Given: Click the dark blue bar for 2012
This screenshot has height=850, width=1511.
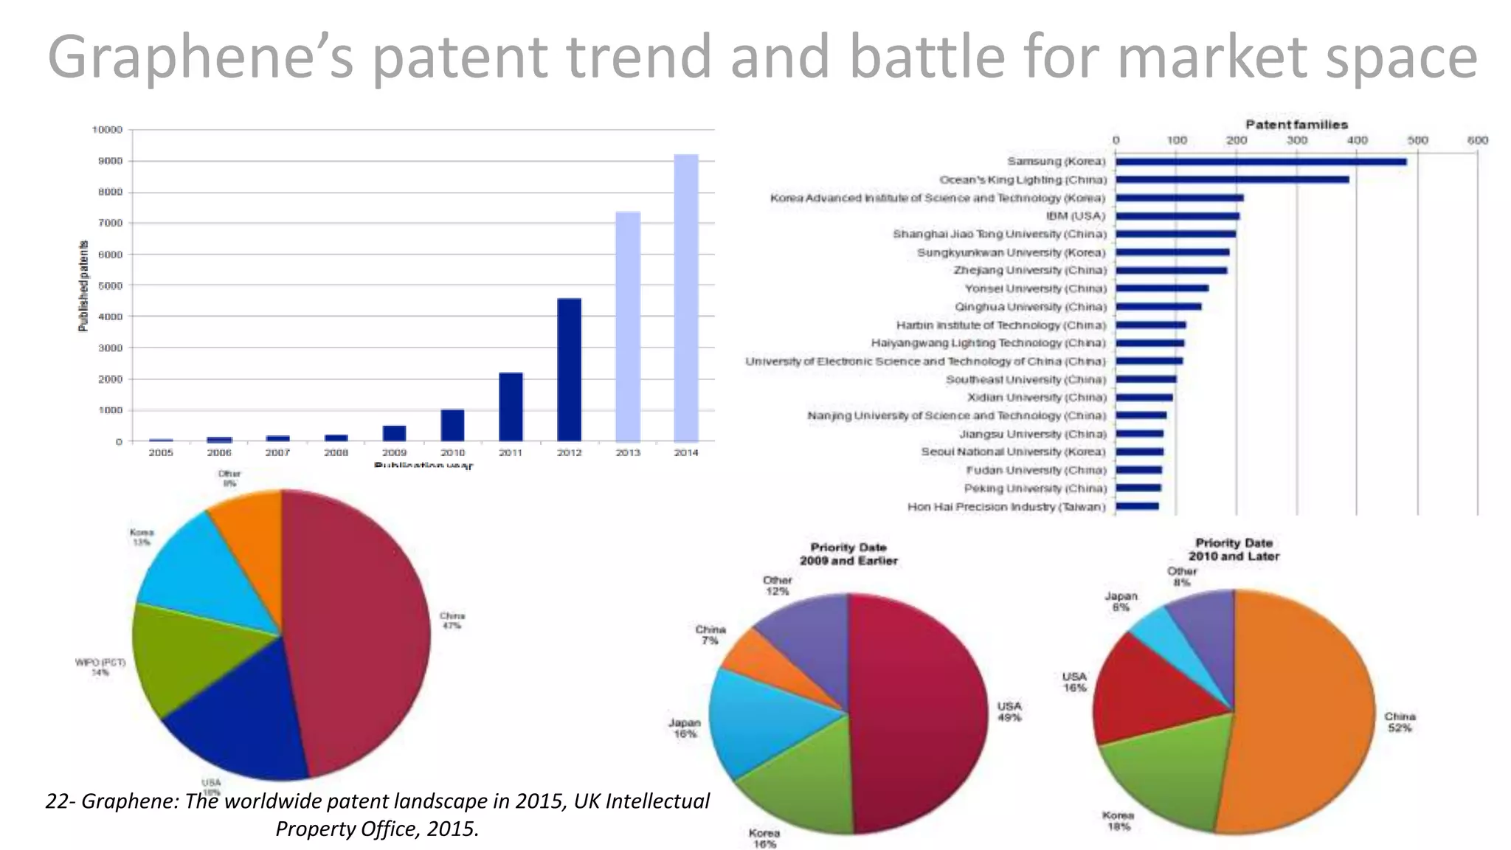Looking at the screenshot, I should tap(569, 369).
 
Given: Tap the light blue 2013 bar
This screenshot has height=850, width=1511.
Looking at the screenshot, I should tap(628, 326).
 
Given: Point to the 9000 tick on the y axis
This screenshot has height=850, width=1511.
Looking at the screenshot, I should tap(108, 161).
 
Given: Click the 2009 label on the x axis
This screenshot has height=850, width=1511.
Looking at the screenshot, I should tap(394, 452).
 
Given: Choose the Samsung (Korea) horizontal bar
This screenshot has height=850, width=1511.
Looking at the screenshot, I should tap(1260, 162).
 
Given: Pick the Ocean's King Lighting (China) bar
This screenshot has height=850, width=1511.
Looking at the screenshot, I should tap(1231, 179).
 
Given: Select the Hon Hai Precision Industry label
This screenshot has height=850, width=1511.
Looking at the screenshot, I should tap(1006, 507).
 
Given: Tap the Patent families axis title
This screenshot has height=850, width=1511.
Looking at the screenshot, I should tap(1296, 125).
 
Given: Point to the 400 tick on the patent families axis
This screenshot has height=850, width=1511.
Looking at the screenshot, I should tap(1358, 140).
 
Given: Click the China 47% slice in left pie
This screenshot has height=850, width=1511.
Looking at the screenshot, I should tap(354, 635).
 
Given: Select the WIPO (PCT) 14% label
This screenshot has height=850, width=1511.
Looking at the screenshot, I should tap(100, 667).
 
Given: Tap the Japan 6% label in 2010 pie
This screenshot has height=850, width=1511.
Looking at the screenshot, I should tap(1121, 601).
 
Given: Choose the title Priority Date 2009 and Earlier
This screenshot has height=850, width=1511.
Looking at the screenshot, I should tap(848, 554).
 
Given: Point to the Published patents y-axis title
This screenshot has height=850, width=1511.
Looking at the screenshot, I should tap(83, 286).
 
